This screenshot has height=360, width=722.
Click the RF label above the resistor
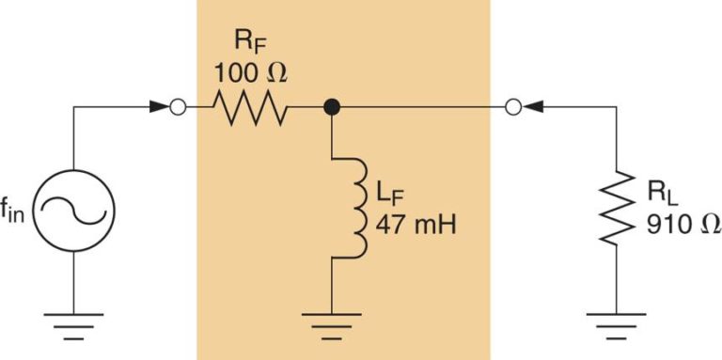click(248, 41)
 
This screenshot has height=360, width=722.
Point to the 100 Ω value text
click(249, 71)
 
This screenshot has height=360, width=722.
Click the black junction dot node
click(331, 108)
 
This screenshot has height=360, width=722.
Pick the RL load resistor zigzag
click(618, 212)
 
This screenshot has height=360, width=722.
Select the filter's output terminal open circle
click(511, 108)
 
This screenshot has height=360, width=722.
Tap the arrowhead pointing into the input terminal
click(156, 108)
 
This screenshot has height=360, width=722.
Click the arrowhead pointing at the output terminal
click(532, 108)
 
